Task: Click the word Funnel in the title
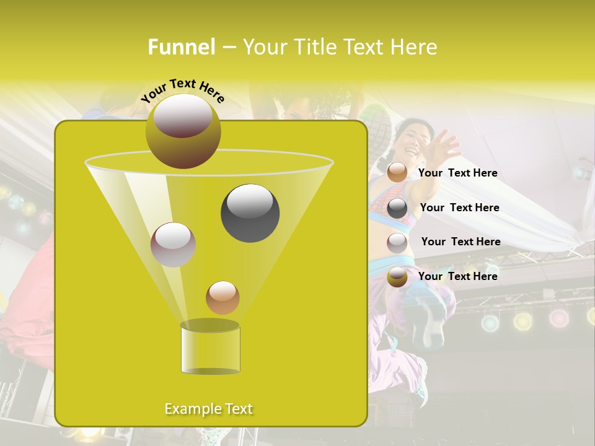(x=182, y=47)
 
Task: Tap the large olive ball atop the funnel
(x=183, y=131)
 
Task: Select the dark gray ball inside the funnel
(x=250, y=212)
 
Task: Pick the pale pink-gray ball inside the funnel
(x=173, y=244)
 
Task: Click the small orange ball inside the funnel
(x=223, y=297)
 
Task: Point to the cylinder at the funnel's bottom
(x=210, y=348)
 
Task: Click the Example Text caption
(x=208, y=409)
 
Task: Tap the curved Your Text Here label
(x=182, y=90)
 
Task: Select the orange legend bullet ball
(x=397, y=172)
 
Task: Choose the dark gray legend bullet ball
(x=397, y=208)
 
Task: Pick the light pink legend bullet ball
(x=397, y=242)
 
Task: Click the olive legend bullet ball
(x=397, y=276)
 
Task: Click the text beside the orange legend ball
(x=457, y=173)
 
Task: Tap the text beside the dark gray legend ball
(x=459, y=208)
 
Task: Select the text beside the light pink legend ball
(x=461, y=242)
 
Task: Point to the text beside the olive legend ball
(x=457, y=276)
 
